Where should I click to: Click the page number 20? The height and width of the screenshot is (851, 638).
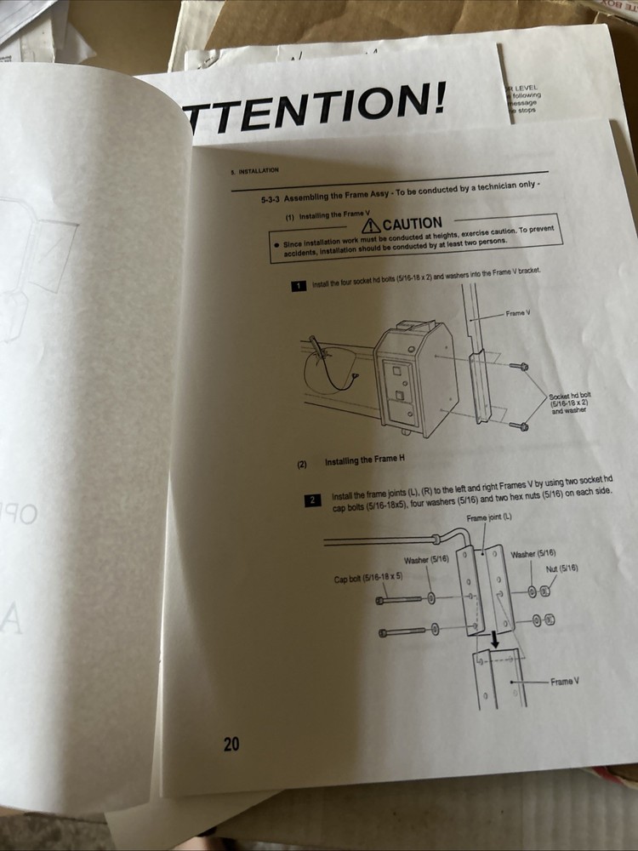tap(231, 745)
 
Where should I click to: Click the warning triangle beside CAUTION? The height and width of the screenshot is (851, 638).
tap(371, 226)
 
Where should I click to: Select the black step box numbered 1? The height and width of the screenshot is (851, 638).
tap(299, 285)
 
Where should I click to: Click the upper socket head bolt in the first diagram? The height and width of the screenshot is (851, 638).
tap(522, 366)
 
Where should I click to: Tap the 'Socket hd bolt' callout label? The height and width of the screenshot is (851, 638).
tap(570, 396)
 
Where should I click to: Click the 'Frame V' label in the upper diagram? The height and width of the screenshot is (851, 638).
tap(518, 313)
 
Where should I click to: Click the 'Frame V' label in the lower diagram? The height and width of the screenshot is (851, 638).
tap(565, 683)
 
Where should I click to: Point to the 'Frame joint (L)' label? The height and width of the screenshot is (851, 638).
tap(490, 517)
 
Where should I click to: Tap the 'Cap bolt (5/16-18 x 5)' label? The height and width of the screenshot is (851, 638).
tap(368, 578)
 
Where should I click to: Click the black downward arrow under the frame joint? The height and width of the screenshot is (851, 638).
tap(493, 640)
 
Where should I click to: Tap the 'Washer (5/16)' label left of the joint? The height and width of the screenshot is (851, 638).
tap(426, 559)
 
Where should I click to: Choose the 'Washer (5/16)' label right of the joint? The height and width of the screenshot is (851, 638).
tap(533, 554)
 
